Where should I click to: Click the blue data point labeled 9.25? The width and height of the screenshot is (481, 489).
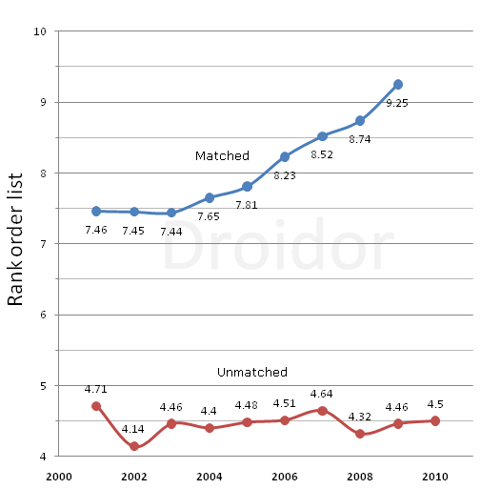398,85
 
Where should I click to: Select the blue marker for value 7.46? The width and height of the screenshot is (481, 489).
96,211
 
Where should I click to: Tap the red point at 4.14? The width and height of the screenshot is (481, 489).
134,446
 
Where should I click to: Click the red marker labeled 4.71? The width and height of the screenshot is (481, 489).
96,406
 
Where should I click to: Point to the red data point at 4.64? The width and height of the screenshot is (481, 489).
323,411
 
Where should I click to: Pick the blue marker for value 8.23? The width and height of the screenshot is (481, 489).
285,156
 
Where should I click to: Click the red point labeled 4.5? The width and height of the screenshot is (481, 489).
435,420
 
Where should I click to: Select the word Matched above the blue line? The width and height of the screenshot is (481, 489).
222,155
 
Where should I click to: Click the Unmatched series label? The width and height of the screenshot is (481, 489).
252,372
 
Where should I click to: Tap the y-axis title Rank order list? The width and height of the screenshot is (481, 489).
15,245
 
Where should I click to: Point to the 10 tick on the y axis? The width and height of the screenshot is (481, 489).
41,31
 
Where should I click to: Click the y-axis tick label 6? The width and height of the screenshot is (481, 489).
44,316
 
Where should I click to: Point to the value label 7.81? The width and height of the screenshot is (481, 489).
248,204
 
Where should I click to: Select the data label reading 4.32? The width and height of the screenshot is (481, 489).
360,417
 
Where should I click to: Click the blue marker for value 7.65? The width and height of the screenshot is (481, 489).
210,197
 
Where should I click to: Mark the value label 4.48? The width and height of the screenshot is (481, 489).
248,405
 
